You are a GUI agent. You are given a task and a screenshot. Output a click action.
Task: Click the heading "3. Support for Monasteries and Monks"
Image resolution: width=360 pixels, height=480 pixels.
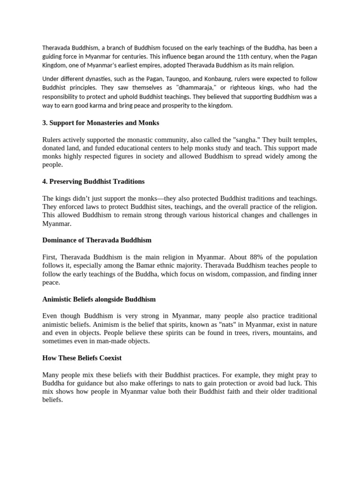click(x=101, y=123)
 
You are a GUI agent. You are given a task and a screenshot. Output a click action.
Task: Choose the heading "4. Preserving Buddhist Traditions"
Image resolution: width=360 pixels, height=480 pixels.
click(x=93, y=181)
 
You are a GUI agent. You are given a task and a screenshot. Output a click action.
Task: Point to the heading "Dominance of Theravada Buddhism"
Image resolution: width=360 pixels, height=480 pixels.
click(x=97, y=240)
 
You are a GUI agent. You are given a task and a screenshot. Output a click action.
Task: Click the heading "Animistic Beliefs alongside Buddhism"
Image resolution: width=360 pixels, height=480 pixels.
click(x=99, y=299)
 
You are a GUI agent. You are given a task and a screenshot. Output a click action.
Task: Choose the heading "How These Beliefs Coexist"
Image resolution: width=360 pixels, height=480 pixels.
click(x=82, y=358)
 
